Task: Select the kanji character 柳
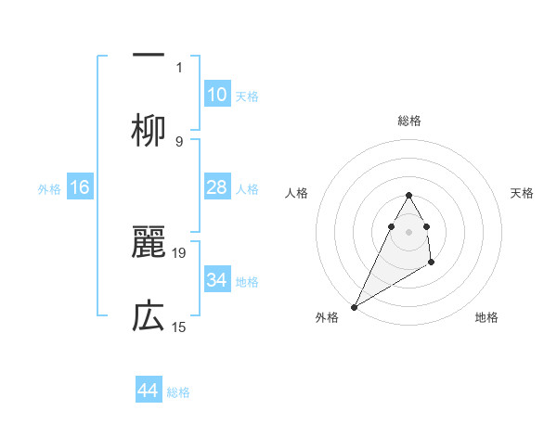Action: [x=149, y=130]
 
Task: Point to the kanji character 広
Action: [x=149, y=316]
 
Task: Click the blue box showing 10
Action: [x=217, y=94]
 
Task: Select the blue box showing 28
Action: [x=217, y=187]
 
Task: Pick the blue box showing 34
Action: [x=217, y=280]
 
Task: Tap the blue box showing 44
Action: [x=149, y=391]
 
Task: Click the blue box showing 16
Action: [x=80, y=187]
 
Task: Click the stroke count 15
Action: [x=180, y=327]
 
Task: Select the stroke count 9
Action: [x=179, y=141]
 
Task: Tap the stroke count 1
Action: [x=179, y=67]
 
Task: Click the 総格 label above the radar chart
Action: [x=408, y=121]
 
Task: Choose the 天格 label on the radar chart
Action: [x=522, y=193]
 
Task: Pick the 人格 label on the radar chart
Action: [x=296, y=193]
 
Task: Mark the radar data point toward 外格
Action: [x=354, y=306]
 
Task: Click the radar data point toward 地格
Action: [x=432, y=263]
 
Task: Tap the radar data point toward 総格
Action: [x=408, y=195]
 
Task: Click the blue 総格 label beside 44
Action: [x=178, y=392]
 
